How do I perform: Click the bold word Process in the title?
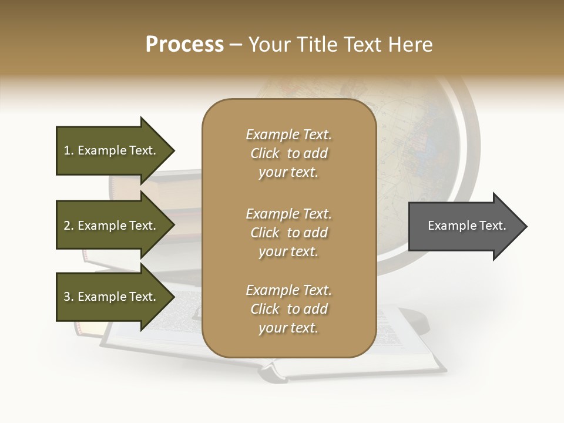point(184,45)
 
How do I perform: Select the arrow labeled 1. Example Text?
point(112,150)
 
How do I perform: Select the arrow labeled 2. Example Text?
point(112,226)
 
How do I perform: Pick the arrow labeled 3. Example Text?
point(112,297)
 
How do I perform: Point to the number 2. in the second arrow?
point(69,226)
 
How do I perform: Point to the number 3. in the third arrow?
point(69,297)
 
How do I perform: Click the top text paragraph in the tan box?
point(288,153)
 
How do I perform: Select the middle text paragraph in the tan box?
point(288,233)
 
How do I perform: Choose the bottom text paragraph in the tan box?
point(288,309)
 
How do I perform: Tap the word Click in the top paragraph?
point(265,153)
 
